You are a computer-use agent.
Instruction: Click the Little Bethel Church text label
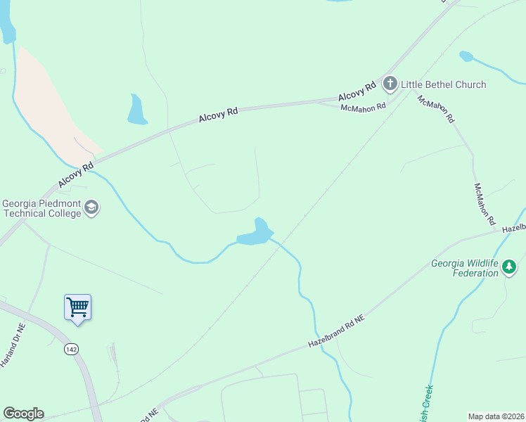(443, 84)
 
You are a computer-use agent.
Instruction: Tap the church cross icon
(390, 84)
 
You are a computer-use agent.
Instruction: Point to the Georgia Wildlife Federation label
(464, 269)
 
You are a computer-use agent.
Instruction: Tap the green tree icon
(510, 267)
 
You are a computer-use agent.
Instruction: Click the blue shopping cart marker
(77, 308)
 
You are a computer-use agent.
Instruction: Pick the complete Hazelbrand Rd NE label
(338, 331)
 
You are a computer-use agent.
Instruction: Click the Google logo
(23, 414)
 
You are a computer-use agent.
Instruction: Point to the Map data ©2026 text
(496, 416)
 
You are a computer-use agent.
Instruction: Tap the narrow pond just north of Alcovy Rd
(136, 110)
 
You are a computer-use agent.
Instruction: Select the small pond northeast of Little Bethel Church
(466, 56)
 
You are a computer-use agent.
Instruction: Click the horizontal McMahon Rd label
(364, 107)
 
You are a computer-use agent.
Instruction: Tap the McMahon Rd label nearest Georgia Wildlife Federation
(485, 203)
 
